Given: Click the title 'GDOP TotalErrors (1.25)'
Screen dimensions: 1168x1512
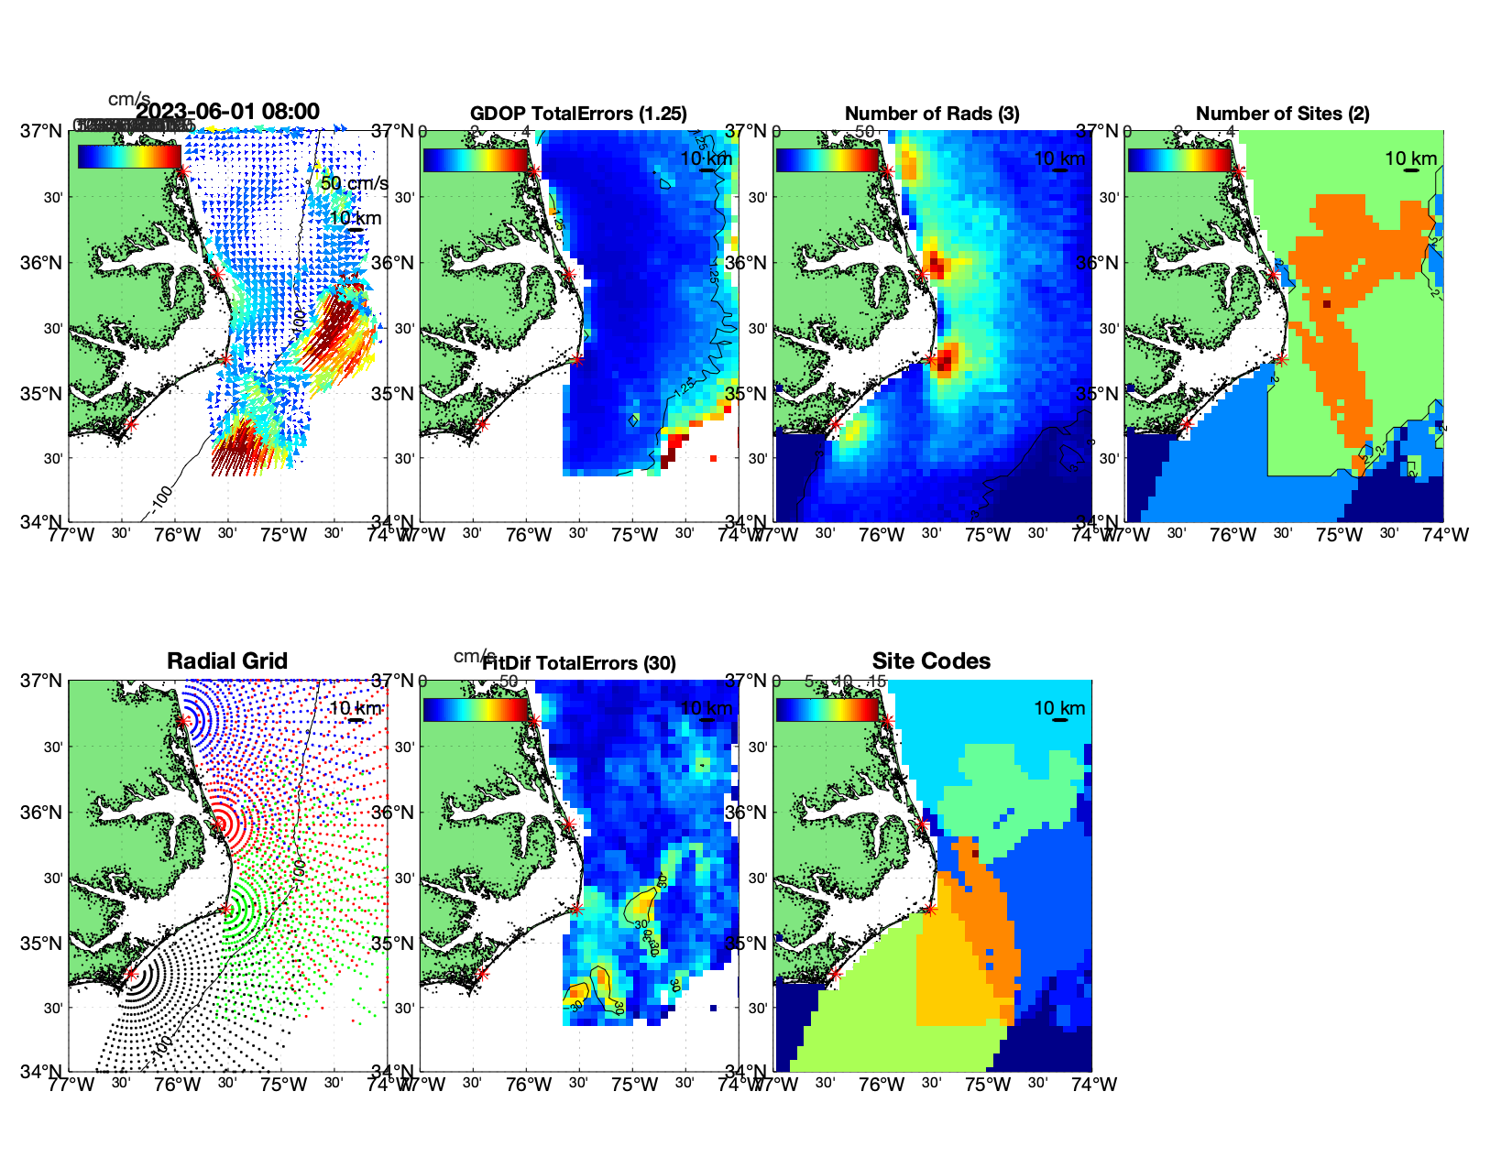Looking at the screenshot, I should tap(578, 114).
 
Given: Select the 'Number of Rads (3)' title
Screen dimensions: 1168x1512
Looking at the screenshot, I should tap(932, 114).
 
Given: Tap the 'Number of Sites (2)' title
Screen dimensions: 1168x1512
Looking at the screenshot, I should tap(1283, 114).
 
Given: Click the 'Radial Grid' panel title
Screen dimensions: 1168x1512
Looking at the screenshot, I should tap(227, 661).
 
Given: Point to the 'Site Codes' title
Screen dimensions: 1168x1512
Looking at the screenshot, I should tap(931, 661).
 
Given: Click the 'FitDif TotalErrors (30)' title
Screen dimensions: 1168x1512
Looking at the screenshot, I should tap(579, 663).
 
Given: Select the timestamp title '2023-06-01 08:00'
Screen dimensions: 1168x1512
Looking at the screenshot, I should tap(228, 112).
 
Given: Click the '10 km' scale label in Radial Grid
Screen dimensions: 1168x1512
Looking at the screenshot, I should tap(355, 708).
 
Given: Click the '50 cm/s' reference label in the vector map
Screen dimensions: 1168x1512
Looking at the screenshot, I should tap(354, 183).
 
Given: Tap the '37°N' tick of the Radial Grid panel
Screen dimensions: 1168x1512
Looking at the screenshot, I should tap(41, 681).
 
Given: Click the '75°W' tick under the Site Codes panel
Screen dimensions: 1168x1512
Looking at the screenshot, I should tap(987, 1085).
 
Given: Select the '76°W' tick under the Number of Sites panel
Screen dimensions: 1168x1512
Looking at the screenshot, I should tap(1233, 535).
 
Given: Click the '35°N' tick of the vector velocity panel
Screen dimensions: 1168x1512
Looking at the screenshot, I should tap(41, 394).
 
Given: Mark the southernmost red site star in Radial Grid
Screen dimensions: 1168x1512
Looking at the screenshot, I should tap(130, 974).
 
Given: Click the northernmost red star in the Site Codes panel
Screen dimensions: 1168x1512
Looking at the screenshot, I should tap(887, 721).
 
